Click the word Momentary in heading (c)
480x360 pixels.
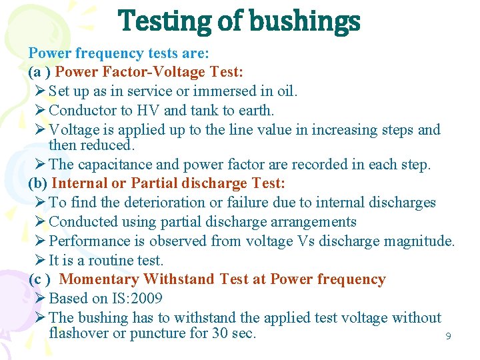99,279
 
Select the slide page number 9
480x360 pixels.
448,337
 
